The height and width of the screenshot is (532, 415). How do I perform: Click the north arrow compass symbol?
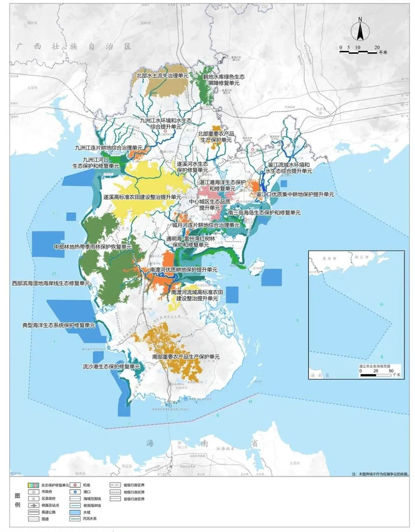[360, 28]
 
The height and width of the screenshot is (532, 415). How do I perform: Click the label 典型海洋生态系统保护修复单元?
[59, 326]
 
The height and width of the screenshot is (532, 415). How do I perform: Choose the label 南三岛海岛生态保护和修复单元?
[258, 212]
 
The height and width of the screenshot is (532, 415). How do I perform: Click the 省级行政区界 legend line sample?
[117, 485]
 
